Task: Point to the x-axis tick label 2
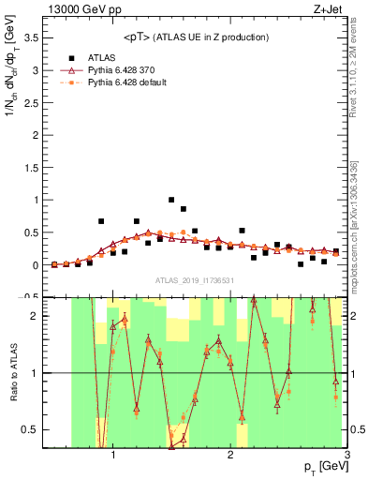(230, 457)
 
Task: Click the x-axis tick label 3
(346, 457)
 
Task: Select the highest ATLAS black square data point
(171, 200)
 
